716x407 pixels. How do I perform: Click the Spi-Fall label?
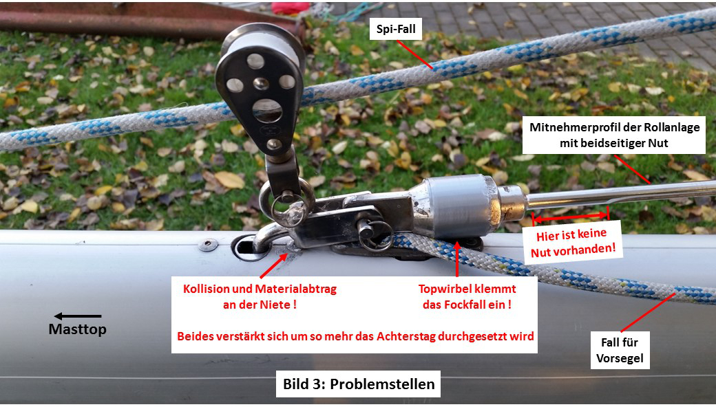click(395, 29)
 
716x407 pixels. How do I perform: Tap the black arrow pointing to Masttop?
click(78, 316)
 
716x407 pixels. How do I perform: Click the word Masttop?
click(78, 329)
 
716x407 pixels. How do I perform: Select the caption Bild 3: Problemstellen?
click(359, 384)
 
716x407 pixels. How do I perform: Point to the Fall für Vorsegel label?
click(620, 350)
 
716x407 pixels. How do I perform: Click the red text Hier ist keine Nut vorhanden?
click(573, 243)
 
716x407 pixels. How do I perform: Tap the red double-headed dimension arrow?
click(570, 217)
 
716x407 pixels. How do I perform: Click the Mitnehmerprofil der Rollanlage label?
click(614, 135)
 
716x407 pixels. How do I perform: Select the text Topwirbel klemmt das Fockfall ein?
click(467, 297)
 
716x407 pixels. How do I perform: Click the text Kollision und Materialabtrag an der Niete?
click(260, 297)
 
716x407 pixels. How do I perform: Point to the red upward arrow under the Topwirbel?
click(457, 258)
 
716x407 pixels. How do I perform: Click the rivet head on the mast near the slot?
click(208, 245)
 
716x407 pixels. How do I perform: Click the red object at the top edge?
click(291, 8)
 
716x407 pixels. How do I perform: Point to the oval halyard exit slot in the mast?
click(249, 247)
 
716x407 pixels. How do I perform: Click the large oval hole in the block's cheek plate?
click(267, 111)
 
